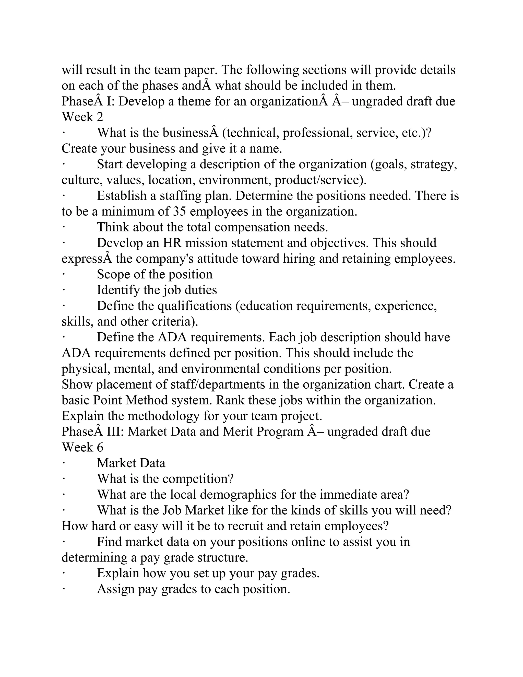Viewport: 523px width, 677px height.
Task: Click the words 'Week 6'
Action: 82,448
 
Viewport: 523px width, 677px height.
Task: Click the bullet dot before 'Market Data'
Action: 64,463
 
